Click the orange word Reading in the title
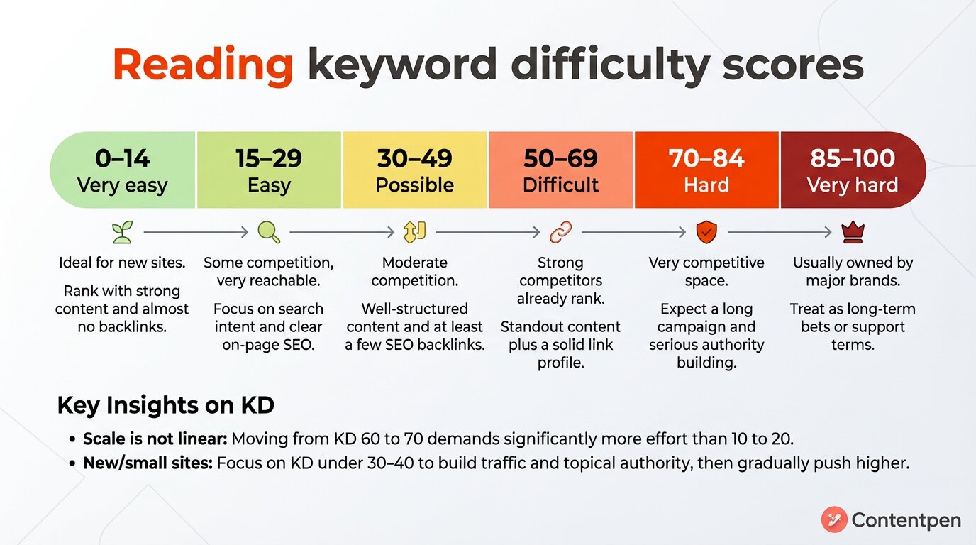point(202,65)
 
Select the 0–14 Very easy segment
point(123,170)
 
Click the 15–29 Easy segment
point(269,170)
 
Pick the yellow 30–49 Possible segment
point(415,170)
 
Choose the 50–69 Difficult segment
point(560,170)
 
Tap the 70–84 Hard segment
point(706,170)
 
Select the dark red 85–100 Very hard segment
point(853,170)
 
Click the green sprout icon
point(122,232)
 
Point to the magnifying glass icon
point(268,232)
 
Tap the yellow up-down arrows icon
point(414,232)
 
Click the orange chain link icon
point(560,232)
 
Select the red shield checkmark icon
point(706,232)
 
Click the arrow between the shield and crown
point(779,232)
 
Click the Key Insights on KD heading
point(165,405)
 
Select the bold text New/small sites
point(148,463)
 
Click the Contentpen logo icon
point(834,520)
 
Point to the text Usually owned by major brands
point(853,271)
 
